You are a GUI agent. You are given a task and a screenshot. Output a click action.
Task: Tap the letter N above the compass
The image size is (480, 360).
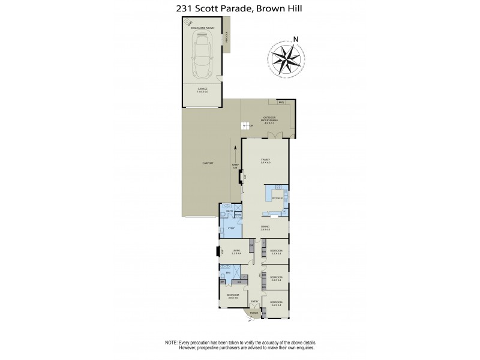pyautogui.click(x=296, y=40)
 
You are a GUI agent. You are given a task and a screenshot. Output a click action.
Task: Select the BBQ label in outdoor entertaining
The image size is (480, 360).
pyautogui.click(x=281, y=103)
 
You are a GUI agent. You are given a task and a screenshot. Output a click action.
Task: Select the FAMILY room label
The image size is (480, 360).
pyautogui.click(x=265, y=159)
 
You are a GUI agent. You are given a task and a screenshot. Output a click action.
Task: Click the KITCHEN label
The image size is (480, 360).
pyautogui.click(x=277, y=197)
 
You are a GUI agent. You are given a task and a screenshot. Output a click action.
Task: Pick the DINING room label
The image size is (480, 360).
pyautogui.click(x=265, y=226)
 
